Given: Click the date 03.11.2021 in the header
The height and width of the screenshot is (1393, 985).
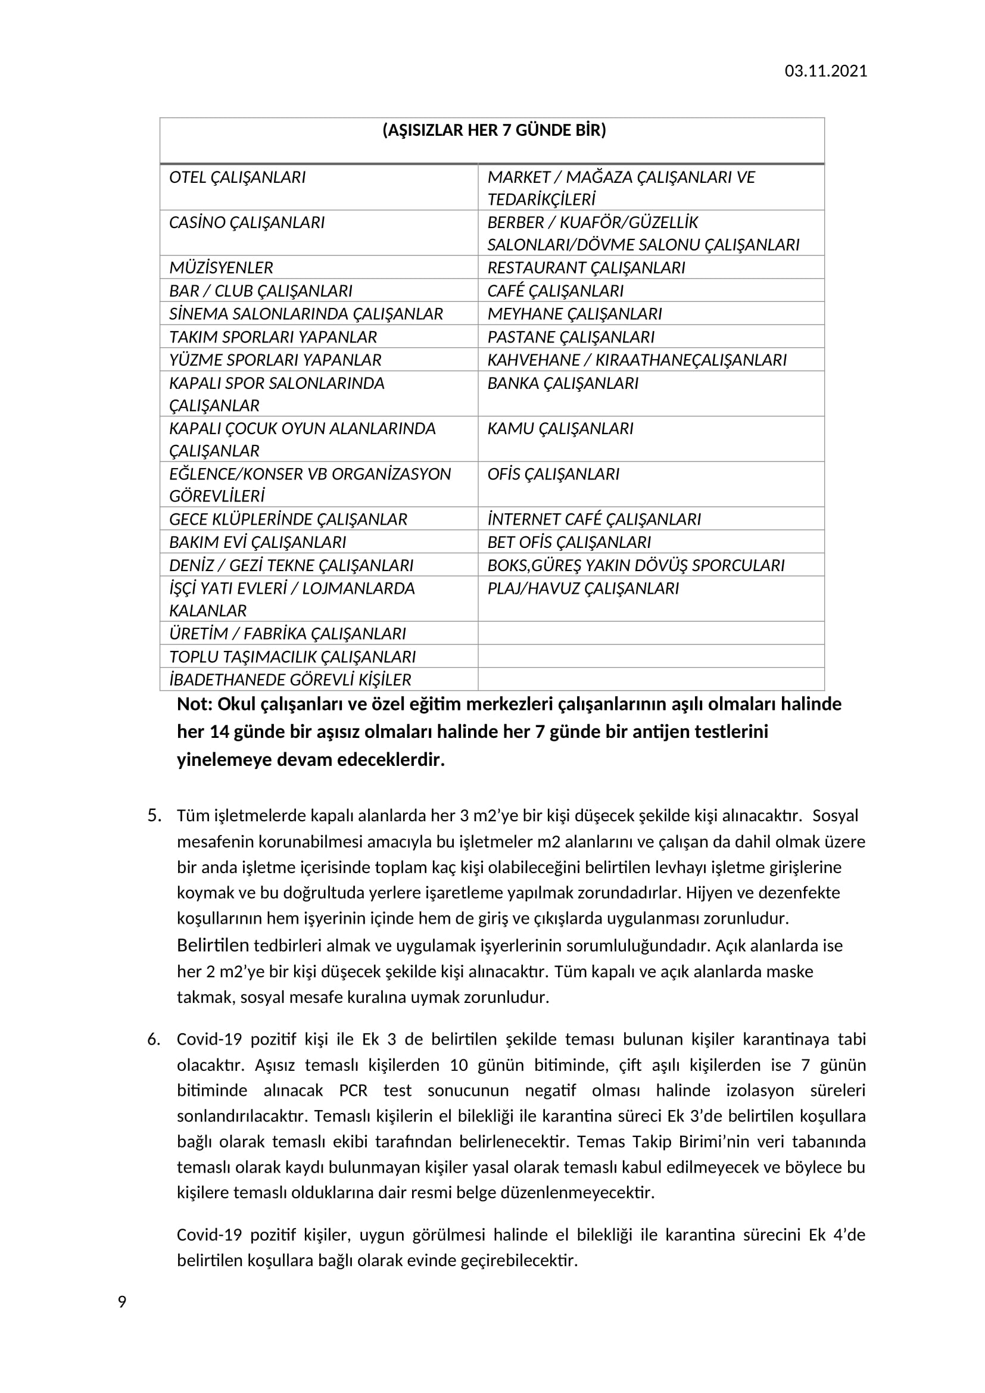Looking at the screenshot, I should click(825, 71).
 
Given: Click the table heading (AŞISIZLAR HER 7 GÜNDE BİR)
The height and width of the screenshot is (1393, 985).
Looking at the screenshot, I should click(494, 130).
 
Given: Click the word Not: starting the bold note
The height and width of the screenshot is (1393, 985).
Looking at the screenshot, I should click(195, 705).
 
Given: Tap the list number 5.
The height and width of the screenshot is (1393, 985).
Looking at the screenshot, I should click(154, 815).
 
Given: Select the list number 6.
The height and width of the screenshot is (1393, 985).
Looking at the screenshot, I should click(154, 1039).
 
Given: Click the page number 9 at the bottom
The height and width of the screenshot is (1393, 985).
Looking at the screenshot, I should click(122, 1302).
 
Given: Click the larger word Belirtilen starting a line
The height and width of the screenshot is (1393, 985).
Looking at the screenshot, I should click(213, 945).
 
